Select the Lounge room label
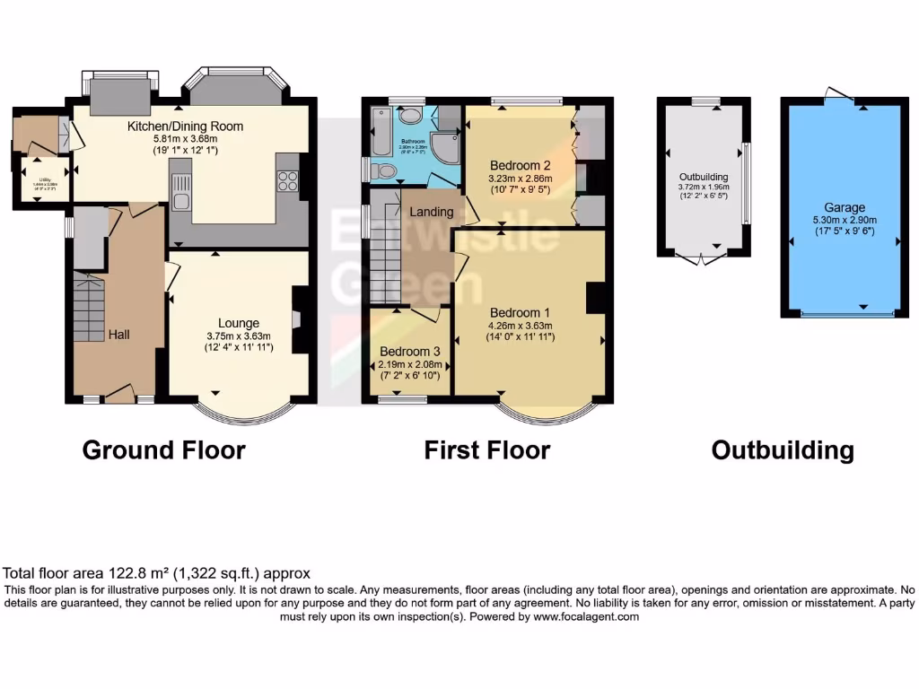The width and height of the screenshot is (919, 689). pos(239,323)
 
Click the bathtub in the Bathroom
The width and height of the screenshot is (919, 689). pos(381,132)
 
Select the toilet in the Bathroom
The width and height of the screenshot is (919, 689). pos(383,170)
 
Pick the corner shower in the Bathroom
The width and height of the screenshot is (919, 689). pos(443,145)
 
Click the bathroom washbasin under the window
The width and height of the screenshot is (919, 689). pos(410,115)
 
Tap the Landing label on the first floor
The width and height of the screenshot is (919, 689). pos(432,212)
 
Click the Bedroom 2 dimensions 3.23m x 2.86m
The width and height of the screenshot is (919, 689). pos(520,179)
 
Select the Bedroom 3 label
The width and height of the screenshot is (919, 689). pos(409,351)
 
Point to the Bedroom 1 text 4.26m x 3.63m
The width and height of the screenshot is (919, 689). pos(521,326)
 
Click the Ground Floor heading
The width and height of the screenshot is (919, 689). pos(163,449)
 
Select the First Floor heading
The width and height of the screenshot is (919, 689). pos(486,449)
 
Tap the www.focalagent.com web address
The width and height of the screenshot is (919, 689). pos(586,616)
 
